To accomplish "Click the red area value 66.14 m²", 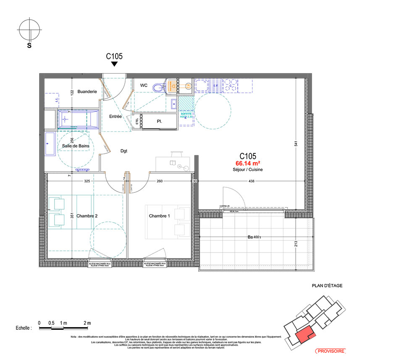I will click(x=248, y=163).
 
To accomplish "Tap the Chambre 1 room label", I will click(x=159, y=216).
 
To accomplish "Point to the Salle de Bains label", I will click(x=76, y=146).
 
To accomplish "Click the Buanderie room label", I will click(x=87, y=91).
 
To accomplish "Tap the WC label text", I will click(x=144, y=85).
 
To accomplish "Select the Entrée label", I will click(x=115, y=116).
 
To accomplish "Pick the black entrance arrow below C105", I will click(x=114, y=64).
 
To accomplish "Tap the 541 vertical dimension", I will click(x=296, y=143).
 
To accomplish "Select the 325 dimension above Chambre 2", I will click(x=87, y=181).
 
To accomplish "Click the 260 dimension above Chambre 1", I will click(x=160, y=181).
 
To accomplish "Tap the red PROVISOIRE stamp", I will click(x=330, y=351).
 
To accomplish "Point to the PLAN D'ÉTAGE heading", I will click(x=327, y=286).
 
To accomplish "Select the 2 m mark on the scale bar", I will click(x=87, y=323).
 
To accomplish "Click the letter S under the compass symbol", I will click(x=29, y=46).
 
